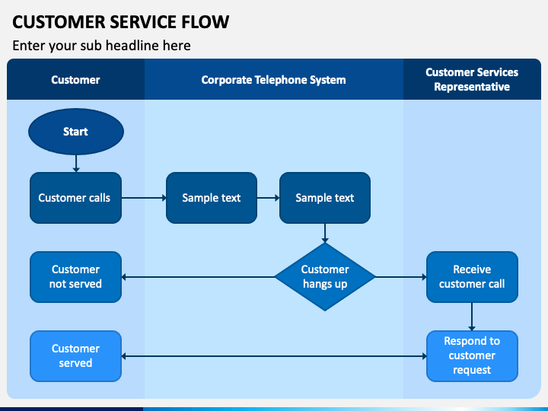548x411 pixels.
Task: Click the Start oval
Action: [76, 132]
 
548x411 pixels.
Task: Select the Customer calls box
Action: [76, 198]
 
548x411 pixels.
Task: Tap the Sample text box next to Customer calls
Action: [212, 198]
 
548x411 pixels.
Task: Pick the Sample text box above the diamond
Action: [325, 198]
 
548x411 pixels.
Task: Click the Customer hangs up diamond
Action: [325, 277]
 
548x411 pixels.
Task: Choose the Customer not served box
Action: [76, 277]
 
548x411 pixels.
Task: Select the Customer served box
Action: [76, 356]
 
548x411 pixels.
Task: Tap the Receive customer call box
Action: [472, 277]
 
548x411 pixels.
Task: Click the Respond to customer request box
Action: [472, 356]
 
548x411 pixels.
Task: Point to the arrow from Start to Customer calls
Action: [76, 164]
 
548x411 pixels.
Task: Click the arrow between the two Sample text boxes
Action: [269, 198]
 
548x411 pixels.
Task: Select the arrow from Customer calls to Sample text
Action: [144, 198]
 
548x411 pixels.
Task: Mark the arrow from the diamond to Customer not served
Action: [198, 277]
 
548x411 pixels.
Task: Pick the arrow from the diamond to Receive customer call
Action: [401, 277]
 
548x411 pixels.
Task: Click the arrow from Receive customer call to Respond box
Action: [472, 317]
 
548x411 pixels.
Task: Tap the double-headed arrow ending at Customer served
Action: [274, 356]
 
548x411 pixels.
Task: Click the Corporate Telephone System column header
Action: [274, 80]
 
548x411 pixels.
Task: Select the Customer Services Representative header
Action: [472, 79]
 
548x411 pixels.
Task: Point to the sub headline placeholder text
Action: [101, 46]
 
